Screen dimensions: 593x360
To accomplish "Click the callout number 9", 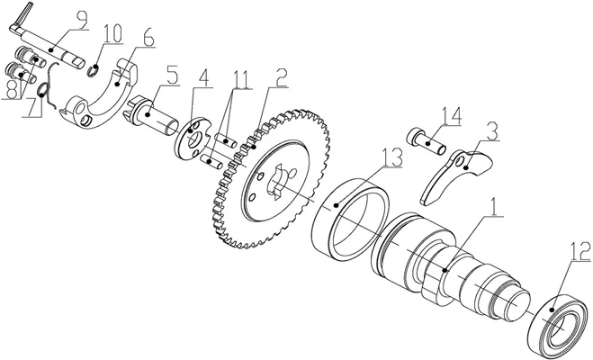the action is click(x=82, y=19).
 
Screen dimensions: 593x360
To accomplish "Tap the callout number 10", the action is click(x=112, y=33).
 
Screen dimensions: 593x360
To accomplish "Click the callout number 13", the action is click(x=392, y=157).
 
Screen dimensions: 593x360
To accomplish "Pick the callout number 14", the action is click(x=452, y=116).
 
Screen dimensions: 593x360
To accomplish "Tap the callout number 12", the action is click(x=580, y=251).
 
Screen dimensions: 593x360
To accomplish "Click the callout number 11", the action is click(x=242, y=79).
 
